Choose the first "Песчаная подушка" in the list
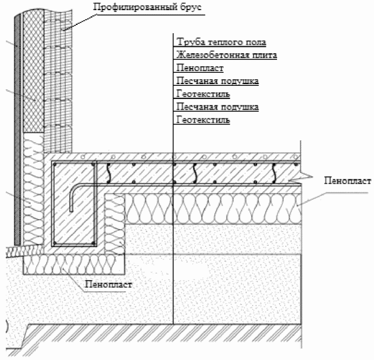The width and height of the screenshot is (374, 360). [217, 81]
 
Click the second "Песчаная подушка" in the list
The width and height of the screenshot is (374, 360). [217, 107]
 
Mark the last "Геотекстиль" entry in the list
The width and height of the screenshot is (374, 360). [203, 120]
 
